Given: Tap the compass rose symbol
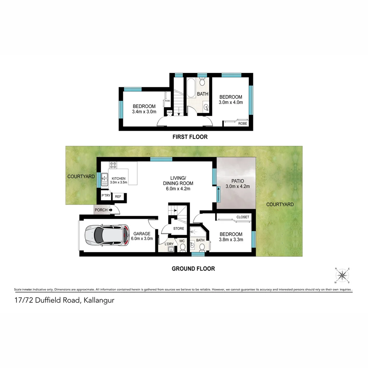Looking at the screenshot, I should (342, 275).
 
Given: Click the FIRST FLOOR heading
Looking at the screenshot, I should (190, 137).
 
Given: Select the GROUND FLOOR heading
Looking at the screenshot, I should (193, 269).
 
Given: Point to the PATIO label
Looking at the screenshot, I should (237, 181).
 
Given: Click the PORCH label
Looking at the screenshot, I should (101, 210).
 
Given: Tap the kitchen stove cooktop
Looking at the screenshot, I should (113, 165).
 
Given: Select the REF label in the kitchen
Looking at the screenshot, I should (118, 197).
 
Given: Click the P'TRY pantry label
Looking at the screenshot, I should (106, 196).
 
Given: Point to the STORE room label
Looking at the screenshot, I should (179, 229).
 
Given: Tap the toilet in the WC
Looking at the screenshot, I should (182, 247).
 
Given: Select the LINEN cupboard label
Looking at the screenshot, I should (169, 112).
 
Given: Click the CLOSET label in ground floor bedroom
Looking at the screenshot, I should (243, 217).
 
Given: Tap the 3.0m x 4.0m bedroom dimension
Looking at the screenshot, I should (230, 103).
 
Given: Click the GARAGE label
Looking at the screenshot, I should (142, 234).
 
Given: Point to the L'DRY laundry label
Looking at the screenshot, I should (169, 244).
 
